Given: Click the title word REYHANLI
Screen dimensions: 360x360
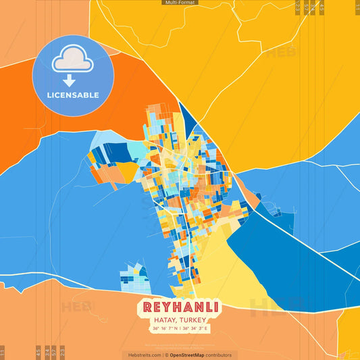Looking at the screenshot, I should [x=180, y=307].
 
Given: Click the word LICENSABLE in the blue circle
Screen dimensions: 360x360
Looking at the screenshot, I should [x=72, y=95].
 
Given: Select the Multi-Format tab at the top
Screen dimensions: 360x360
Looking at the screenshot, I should [x=180, y=3].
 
